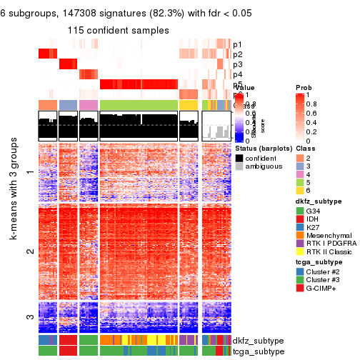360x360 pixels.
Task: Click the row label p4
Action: [x=238, y=74]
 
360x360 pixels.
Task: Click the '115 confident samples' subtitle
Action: [x=119, y=31]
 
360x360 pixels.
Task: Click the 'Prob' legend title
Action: [x=304, y=87]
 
